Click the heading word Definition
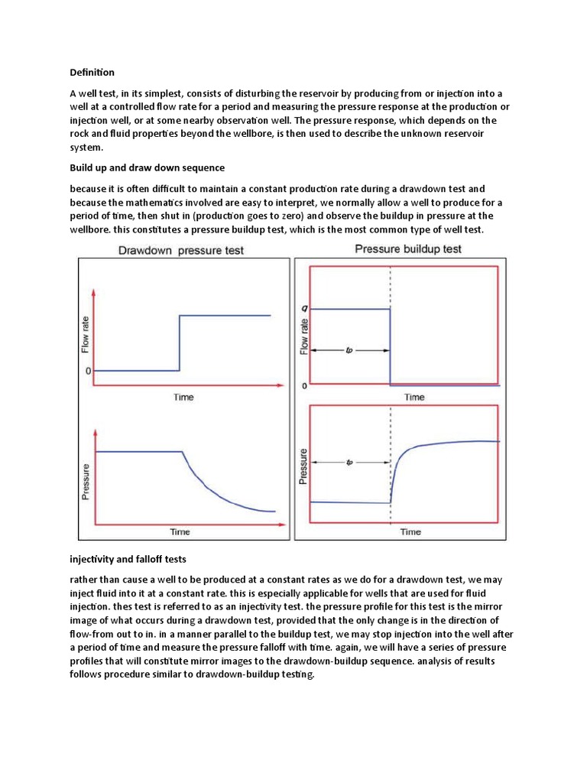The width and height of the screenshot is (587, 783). point(92,73)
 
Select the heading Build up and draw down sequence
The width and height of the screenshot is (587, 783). point(144,167)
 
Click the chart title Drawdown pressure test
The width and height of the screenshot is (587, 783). point(180,251)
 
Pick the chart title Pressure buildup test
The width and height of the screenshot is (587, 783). point(408,249)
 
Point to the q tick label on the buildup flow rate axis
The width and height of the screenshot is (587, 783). point(305,309)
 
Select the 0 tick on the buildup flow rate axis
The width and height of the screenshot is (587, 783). point(305,385)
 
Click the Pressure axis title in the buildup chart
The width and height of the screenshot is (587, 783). point(303,466)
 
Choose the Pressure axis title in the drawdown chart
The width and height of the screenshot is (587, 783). point(86,482)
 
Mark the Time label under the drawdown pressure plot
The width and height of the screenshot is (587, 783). point(180,531)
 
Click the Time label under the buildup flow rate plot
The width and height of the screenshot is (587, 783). point(414,397)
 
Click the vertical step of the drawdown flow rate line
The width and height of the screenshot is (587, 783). point(180,343)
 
